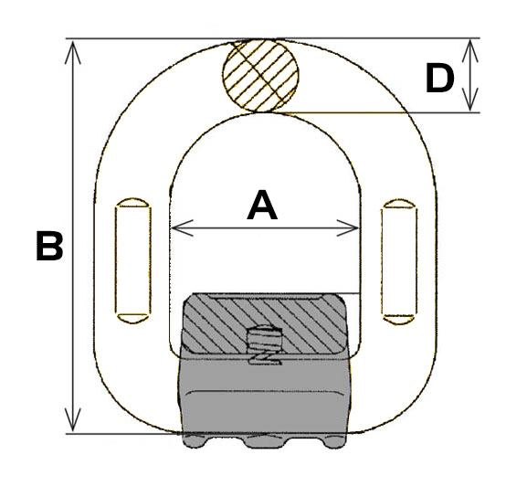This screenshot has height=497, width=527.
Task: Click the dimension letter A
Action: click(x=262, y=206)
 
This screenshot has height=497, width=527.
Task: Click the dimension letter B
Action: click(x=49, y=246)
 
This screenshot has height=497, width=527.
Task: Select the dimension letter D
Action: click(x=439, y=79)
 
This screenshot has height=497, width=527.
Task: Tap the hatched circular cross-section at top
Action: click(x=260, y=75)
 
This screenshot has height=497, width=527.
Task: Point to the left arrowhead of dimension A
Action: click(x=182, y=228)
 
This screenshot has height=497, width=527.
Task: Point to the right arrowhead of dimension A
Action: click(x=348, y=228)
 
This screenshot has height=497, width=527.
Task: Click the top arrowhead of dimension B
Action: click(x=72, y=51)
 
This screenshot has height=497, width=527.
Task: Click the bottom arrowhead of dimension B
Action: click(x=72, y=419)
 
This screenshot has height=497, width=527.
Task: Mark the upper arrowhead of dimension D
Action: click(x=470, y=51)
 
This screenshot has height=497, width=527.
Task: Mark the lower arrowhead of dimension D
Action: click(x=470, y=100)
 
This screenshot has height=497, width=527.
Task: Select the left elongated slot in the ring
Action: click(x=132, y=260)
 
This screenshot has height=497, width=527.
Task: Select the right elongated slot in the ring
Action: click(x=399, y=261)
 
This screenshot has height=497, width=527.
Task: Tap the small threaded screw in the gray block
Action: click(x=265, y=340)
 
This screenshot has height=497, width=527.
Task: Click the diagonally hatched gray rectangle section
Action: click(x=265, y=323)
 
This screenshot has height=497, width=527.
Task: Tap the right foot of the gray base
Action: click(x=334, y=441)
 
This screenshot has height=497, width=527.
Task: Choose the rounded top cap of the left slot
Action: click(x=132, y=203)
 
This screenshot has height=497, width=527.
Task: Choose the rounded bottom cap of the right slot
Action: click(x=399, y=320)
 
